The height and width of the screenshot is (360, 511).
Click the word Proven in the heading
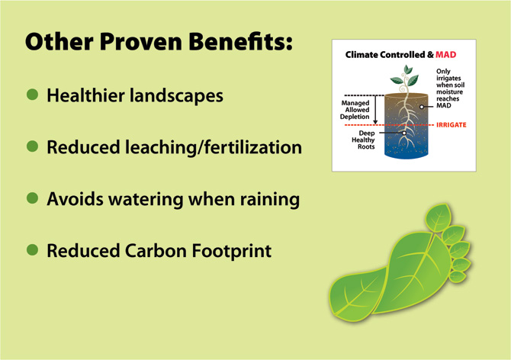pos(140,42)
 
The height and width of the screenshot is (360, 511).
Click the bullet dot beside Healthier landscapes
pos(32,95)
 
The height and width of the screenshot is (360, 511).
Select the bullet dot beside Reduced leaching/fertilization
pos(32,146)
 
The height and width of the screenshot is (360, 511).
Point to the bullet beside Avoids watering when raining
pos(32,198)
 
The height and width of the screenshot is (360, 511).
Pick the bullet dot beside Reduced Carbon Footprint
pos(32,250)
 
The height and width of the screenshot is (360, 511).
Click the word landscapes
pos(176,96)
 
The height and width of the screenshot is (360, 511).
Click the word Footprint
pos(231,252)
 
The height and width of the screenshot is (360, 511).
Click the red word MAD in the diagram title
pos(446,54)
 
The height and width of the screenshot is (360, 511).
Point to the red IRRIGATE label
pos(452,125)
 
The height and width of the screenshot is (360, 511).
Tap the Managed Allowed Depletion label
pos(355,110)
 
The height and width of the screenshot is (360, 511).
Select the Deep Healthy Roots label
pos(363,140)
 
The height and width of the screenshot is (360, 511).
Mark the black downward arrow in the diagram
pos(375,110)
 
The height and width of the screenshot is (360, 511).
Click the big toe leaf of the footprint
pos(438,216)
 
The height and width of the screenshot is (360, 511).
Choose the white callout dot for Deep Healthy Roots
pos(404,133)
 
